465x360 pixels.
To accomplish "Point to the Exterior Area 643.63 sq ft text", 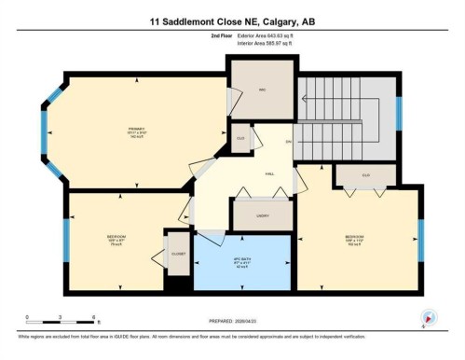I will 273,35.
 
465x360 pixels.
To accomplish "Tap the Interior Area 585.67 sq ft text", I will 273,42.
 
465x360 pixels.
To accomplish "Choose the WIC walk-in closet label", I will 263,91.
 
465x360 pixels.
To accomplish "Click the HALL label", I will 269,173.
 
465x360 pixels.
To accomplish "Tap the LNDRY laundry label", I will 261,215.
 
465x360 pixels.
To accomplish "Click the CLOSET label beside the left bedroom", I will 178,254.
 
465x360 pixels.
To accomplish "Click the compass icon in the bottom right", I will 429,316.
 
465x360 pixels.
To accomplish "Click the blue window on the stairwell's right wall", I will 399,113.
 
